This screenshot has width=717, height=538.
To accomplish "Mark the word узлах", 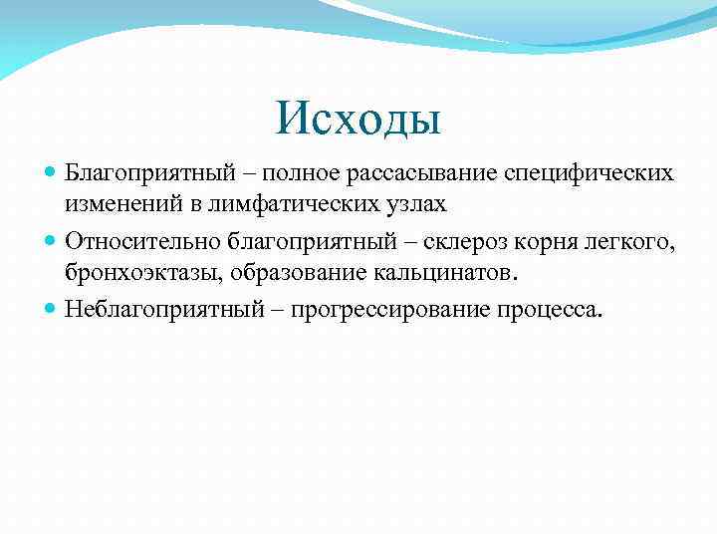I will pos(420,205).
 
